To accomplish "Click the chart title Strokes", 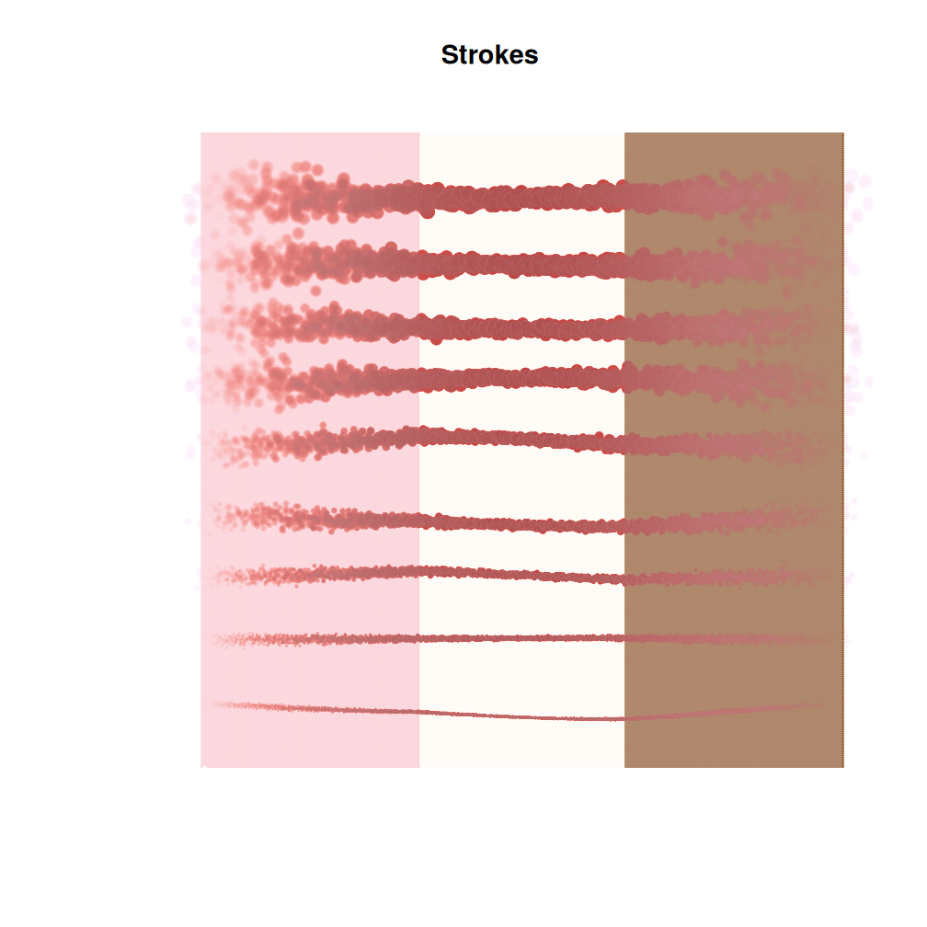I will coord(489,55).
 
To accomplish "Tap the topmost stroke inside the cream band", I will coord(521,197).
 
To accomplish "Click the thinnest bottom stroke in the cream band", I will coord(521,715).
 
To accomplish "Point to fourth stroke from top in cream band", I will coord(521,377).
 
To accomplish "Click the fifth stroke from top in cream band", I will coord(521,439).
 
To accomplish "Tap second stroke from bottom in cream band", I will coord(521,637).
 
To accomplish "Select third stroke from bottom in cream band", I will coord(521,575).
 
